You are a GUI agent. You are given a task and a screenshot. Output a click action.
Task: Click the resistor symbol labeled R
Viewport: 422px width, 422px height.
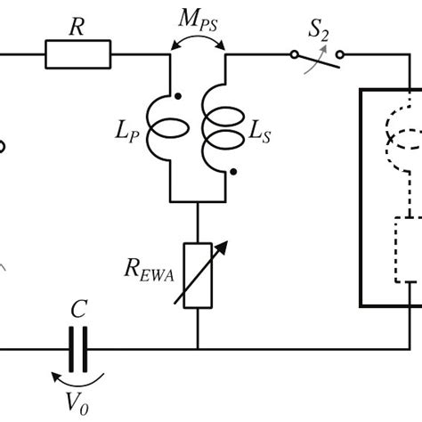[78, 58]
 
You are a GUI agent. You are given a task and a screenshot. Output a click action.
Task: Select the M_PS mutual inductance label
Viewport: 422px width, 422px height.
[199, 19]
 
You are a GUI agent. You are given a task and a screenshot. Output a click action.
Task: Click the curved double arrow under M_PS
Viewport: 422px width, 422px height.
[198, 42]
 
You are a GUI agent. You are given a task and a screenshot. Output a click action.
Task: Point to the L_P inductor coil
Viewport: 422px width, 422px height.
[169, 129]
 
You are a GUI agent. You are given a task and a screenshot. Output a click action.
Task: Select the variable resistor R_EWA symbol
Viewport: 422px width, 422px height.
[197, 277]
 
